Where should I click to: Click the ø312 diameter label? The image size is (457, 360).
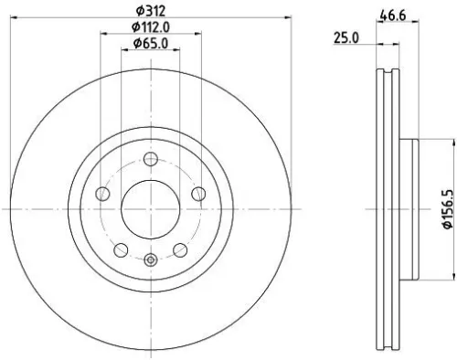point(150,10)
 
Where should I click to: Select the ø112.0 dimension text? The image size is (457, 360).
point(148,26)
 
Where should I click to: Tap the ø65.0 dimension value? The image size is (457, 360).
point(149,43)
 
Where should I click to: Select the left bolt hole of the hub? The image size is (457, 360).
point(102,194)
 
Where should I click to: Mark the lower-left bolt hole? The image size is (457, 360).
point(120,249)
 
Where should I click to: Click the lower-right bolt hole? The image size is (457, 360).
point(179,249)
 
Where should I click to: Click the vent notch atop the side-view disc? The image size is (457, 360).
point(388,72)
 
